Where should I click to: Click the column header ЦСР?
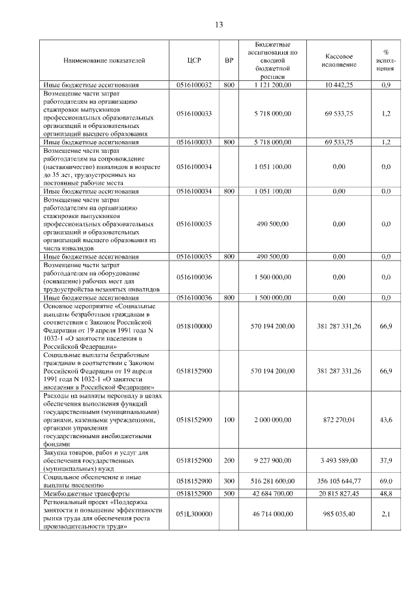pyautogui.click(x=194, y=61)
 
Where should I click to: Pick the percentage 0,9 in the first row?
pyautogui.click(x=385, y=85)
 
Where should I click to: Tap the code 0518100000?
pyautogui.click(x=194, y=325)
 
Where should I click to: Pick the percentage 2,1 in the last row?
pyautogui.click(x=385, y=515)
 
